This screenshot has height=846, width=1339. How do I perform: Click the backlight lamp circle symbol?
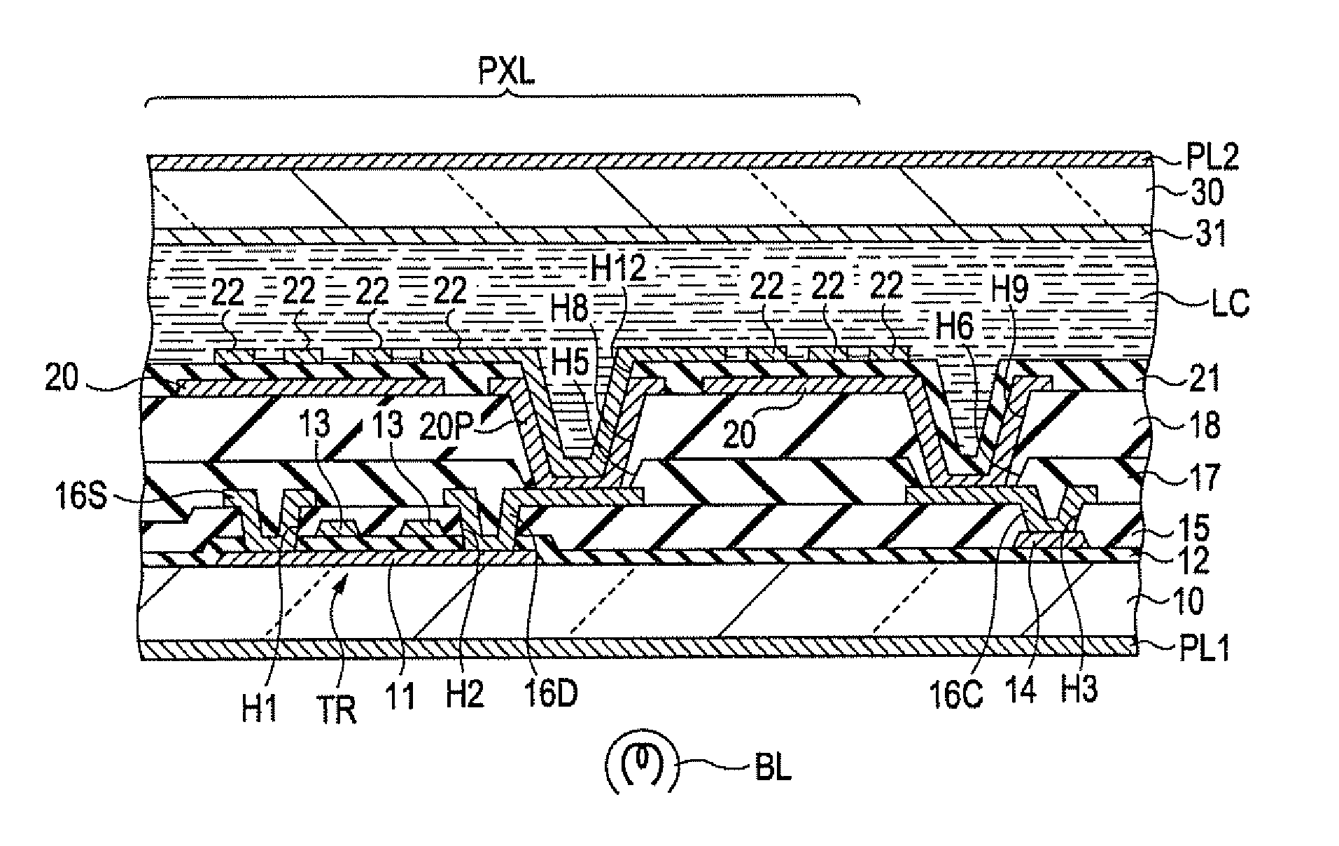pos(642,767)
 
